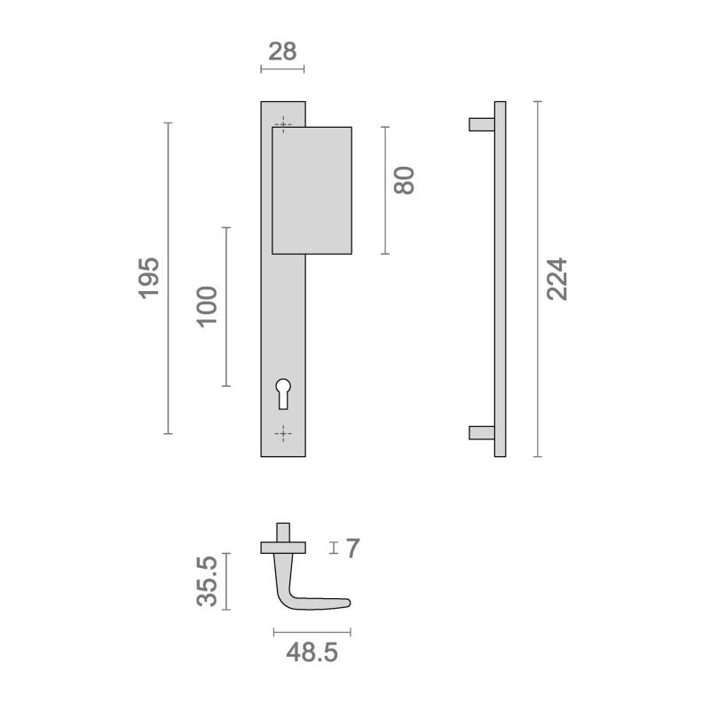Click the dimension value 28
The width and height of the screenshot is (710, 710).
(x=282, y=51)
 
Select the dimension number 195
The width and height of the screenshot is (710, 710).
(x=149, y=278)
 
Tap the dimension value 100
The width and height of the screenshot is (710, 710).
(x=207, y=306)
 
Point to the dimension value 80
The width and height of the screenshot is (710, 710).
(x=404, y=181)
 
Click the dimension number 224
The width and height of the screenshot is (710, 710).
(x=556, y=279)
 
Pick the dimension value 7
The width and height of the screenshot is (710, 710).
(x=352, y=548)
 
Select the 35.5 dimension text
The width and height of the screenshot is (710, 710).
(x=207, y=581)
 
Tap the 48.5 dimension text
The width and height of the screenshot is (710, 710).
(x=312, y=652)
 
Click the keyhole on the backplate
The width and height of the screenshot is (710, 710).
(x=283, y=393)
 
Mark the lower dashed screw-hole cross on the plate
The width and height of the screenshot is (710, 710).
(x=283, y=434)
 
